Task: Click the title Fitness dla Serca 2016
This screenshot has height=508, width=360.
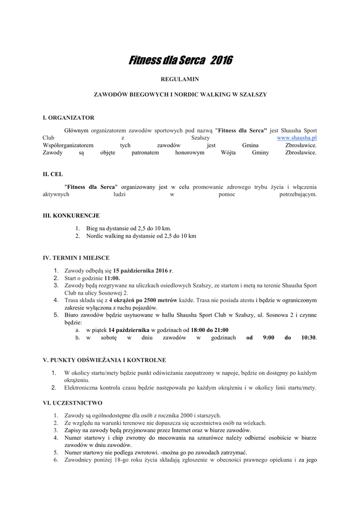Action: (x=180, y=61)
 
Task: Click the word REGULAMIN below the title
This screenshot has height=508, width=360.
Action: (x=180, y=79)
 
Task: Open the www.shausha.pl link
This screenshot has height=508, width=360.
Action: (x=296, y=137)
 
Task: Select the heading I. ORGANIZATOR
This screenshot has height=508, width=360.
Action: (x=69, y=118)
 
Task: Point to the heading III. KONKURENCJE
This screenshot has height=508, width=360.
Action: (x=71, y=215)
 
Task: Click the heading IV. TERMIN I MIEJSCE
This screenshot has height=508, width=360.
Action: (x=76, y=257)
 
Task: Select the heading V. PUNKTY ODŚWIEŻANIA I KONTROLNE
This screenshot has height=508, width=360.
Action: (x=104, y=360)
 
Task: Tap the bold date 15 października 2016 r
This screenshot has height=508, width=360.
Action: (x=143, y=271)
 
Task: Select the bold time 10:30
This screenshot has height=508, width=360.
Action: (x=308, y=337)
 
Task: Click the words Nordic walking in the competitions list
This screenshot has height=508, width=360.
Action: (x=104, y=236)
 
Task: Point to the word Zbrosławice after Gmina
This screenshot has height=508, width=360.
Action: (x=300, y=145)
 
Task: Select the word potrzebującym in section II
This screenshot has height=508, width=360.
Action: (x=298, y=194)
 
